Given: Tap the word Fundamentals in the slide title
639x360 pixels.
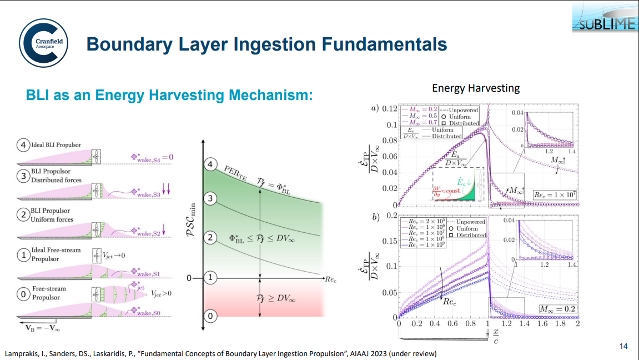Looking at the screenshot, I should [x=378, y=44].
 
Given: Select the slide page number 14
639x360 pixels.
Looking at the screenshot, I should [x=623, y=346].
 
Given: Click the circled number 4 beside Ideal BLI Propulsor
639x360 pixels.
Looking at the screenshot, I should [x=23, y=146].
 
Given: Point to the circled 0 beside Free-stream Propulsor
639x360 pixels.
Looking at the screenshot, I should [x=23, y=293].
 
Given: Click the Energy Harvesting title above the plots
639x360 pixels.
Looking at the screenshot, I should [x=475, y=88].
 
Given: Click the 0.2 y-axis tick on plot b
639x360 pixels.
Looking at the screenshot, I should [x=389, y=216].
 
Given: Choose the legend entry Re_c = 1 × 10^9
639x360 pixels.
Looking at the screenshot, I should [x=426, y=245].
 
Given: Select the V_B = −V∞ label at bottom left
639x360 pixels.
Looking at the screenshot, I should [x=41, y=327].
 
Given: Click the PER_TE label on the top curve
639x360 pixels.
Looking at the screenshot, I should [x=236, y=171].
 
